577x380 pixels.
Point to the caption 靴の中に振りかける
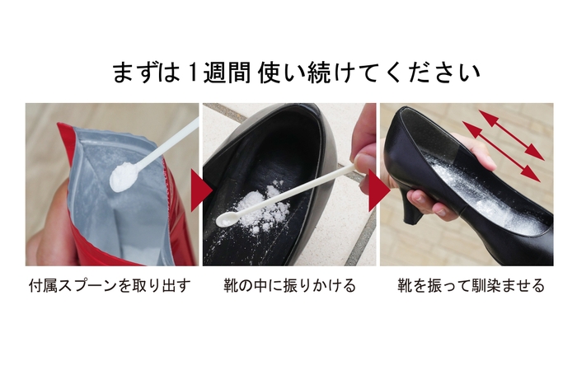click(x=289, y=286)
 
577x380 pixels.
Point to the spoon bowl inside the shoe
click(x=225, y=220)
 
